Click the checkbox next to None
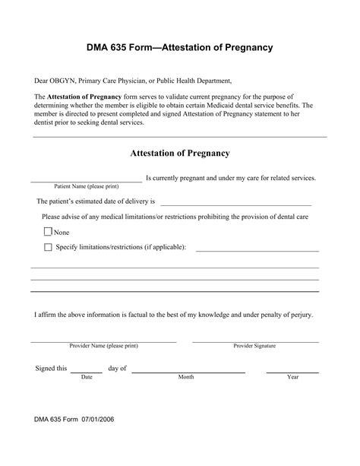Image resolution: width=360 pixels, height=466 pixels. point(49,232)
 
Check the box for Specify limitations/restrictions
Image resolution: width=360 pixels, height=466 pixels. point(49,247)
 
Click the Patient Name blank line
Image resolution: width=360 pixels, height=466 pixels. point(86,181)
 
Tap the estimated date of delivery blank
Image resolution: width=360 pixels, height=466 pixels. point(235,204)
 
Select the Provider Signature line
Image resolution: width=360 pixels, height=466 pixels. point(255,341)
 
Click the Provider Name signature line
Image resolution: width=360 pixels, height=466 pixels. point(103,341)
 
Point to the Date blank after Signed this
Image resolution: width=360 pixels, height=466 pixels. point(87,372)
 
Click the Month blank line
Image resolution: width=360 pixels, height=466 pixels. point(188,372)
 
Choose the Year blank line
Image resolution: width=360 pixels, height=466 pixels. point(292,372)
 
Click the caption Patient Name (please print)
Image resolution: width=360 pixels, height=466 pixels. point(86,186)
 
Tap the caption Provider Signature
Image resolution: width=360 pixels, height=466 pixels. point(255,346)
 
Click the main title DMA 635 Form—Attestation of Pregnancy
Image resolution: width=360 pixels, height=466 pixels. point(179,47)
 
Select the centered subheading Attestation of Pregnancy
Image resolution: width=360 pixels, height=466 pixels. point(180,153)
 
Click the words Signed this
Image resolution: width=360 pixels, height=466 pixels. point(52,369)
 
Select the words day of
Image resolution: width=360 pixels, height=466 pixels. point(117,369)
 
